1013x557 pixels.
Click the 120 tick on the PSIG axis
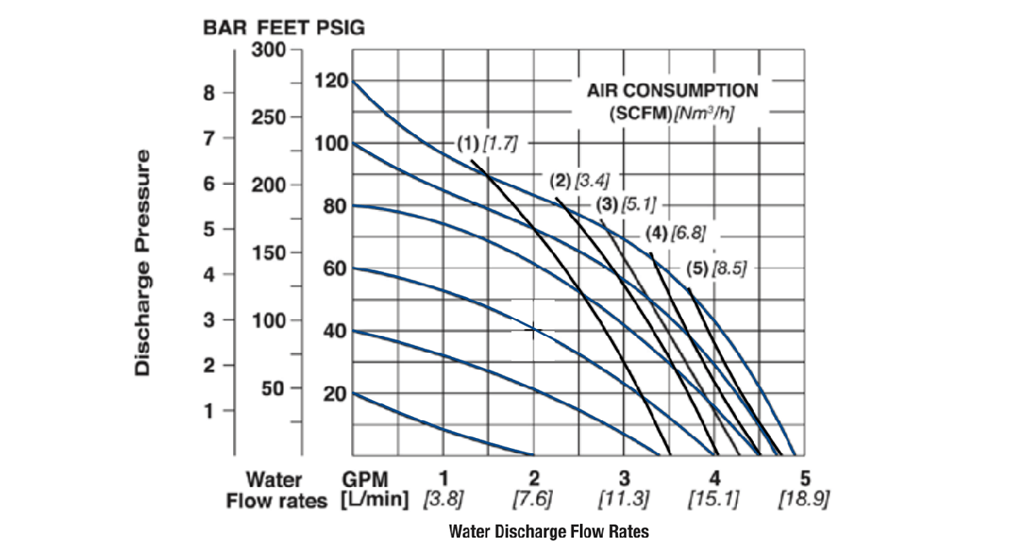[x=331, y=82]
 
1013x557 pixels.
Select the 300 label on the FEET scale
[x=269, y=50]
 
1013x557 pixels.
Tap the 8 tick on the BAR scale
[x=209, y=93]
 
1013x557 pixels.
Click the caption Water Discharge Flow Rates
[x=550, y=532]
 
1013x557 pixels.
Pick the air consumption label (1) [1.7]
[x=487, y=143]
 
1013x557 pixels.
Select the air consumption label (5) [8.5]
[x=717, y=269]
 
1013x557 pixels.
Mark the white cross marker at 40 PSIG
[x=533, y=329]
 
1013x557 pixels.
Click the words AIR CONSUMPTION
[x=673, y=90]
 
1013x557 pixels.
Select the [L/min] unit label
[x=374, y=500]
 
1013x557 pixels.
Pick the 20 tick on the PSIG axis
[x=335, y=393]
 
